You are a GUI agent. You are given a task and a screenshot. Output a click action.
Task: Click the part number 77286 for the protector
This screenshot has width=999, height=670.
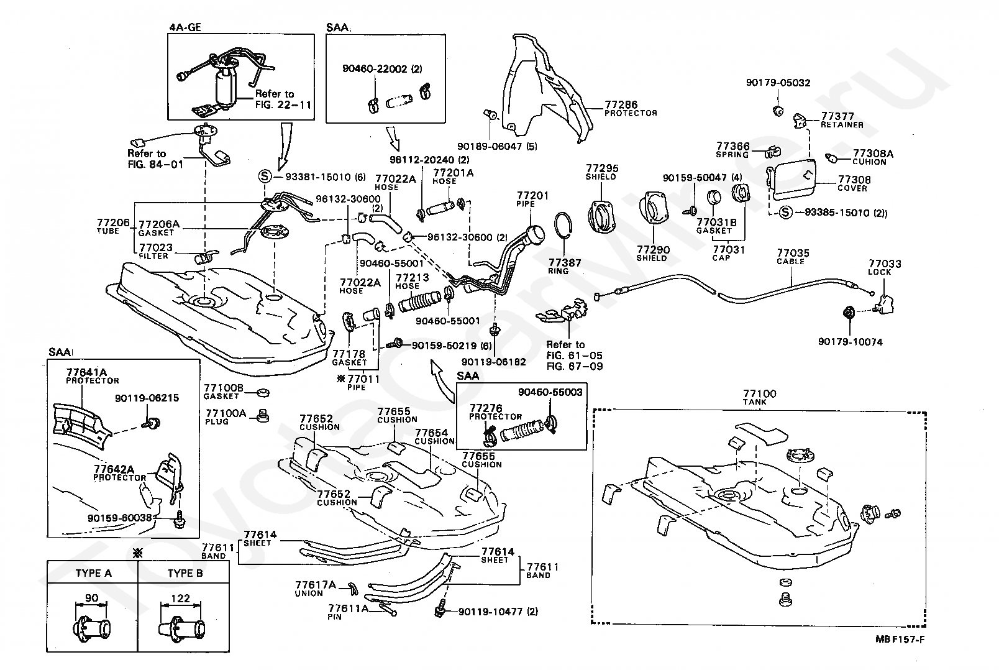[x=621, y=105]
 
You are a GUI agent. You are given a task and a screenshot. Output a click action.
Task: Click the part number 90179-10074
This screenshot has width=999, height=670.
[x=850, y=342]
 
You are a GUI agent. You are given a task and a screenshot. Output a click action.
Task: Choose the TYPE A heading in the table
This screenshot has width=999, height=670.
[x=94, y=573]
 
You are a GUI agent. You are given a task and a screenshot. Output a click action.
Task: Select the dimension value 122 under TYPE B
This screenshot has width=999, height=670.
[x=180, y=598]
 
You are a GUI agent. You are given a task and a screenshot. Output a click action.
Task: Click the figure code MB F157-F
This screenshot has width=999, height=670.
[x=900, y=639]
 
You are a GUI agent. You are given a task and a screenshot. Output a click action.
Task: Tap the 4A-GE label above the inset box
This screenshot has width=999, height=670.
[x=185, y=27]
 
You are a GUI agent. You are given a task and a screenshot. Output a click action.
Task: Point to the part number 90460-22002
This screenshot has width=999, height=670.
[x=375, y=69]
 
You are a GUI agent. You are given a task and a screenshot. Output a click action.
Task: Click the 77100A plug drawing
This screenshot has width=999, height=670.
[x=263, y=416]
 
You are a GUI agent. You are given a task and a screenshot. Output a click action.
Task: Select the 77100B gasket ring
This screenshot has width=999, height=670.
[x=263, y=393]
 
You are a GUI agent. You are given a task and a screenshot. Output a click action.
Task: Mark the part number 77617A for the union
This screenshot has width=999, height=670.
[x=316, y=585]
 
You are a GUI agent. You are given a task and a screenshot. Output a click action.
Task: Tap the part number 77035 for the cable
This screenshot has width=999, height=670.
[x=793, y=254]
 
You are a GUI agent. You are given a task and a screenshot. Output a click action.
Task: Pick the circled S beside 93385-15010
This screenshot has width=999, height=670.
[x=785, y=213]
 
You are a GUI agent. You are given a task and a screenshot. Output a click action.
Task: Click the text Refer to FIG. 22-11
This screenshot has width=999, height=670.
[x=283, y=99]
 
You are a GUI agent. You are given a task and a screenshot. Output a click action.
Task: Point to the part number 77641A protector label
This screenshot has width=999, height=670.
[x=86, y=372]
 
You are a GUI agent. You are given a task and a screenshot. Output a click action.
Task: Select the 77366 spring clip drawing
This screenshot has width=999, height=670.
[x=773, y=152]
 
